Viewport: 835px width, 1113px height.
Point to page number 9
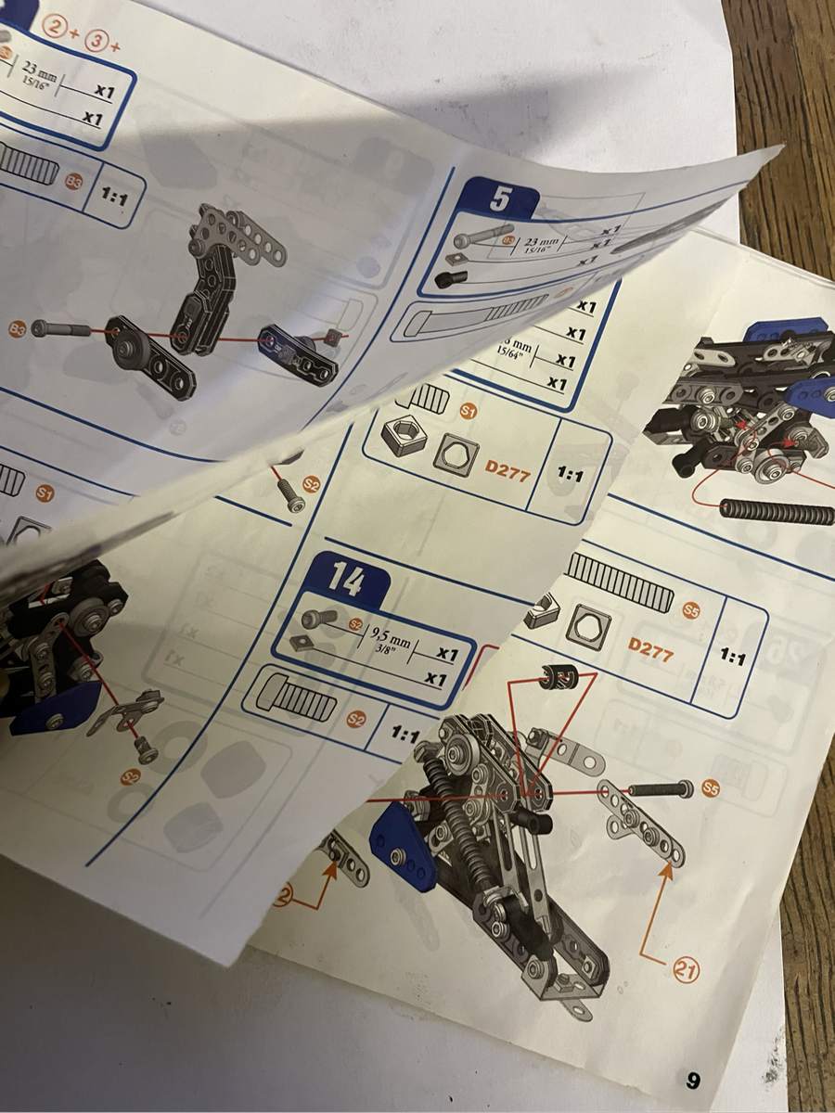[x=692, y=1080]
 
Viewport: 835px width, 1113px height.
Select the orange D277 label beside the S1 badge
[x=507, y=471]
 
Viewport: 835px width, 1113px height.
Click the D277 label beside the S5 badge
[x=650, y=644]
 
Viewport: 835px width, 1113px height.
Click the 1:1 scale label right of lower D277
[x=733, y=658]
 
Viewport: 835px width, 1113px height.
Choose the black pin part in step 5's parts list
[x=450, y=278]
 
